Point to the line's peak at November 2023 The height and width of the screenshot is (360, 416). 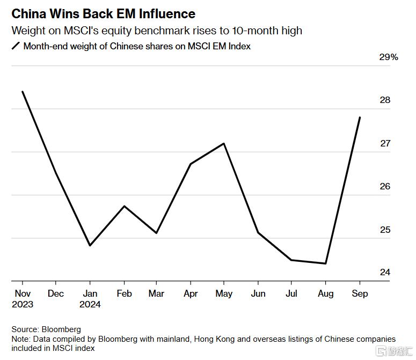(23, 92)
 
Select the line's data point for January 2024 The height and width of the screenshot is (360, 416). (90, 245)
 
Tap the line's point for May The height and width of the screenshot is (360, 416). (224, 143)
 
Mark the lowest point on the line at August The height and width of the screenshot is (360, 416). (325, 263)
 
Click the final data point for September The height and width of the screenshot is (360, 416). (360, 117)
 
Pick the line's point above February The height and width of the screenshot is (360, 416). (124, 206)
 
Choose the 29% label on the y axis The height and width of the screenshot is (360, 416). (389, 57)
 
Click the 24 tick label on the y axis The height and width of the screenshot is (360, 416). (385, 273)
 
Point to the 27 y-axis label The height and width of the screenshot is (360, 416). (385, 144)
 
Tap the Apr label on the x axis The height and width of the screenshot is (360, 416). (191, 293)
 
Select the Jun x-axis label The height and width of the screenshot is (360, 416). (258, 293)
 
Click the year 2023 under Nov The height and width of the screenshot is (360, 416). (22, 304)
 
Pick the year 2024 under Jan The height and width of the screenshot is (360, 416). (90, 304)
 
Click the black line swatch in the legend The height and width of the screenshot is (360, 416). (16, 46)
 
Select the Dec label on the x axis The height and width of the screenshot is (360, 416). (56, 293)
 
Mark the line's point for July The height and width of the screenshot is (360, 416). (291, 260)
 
